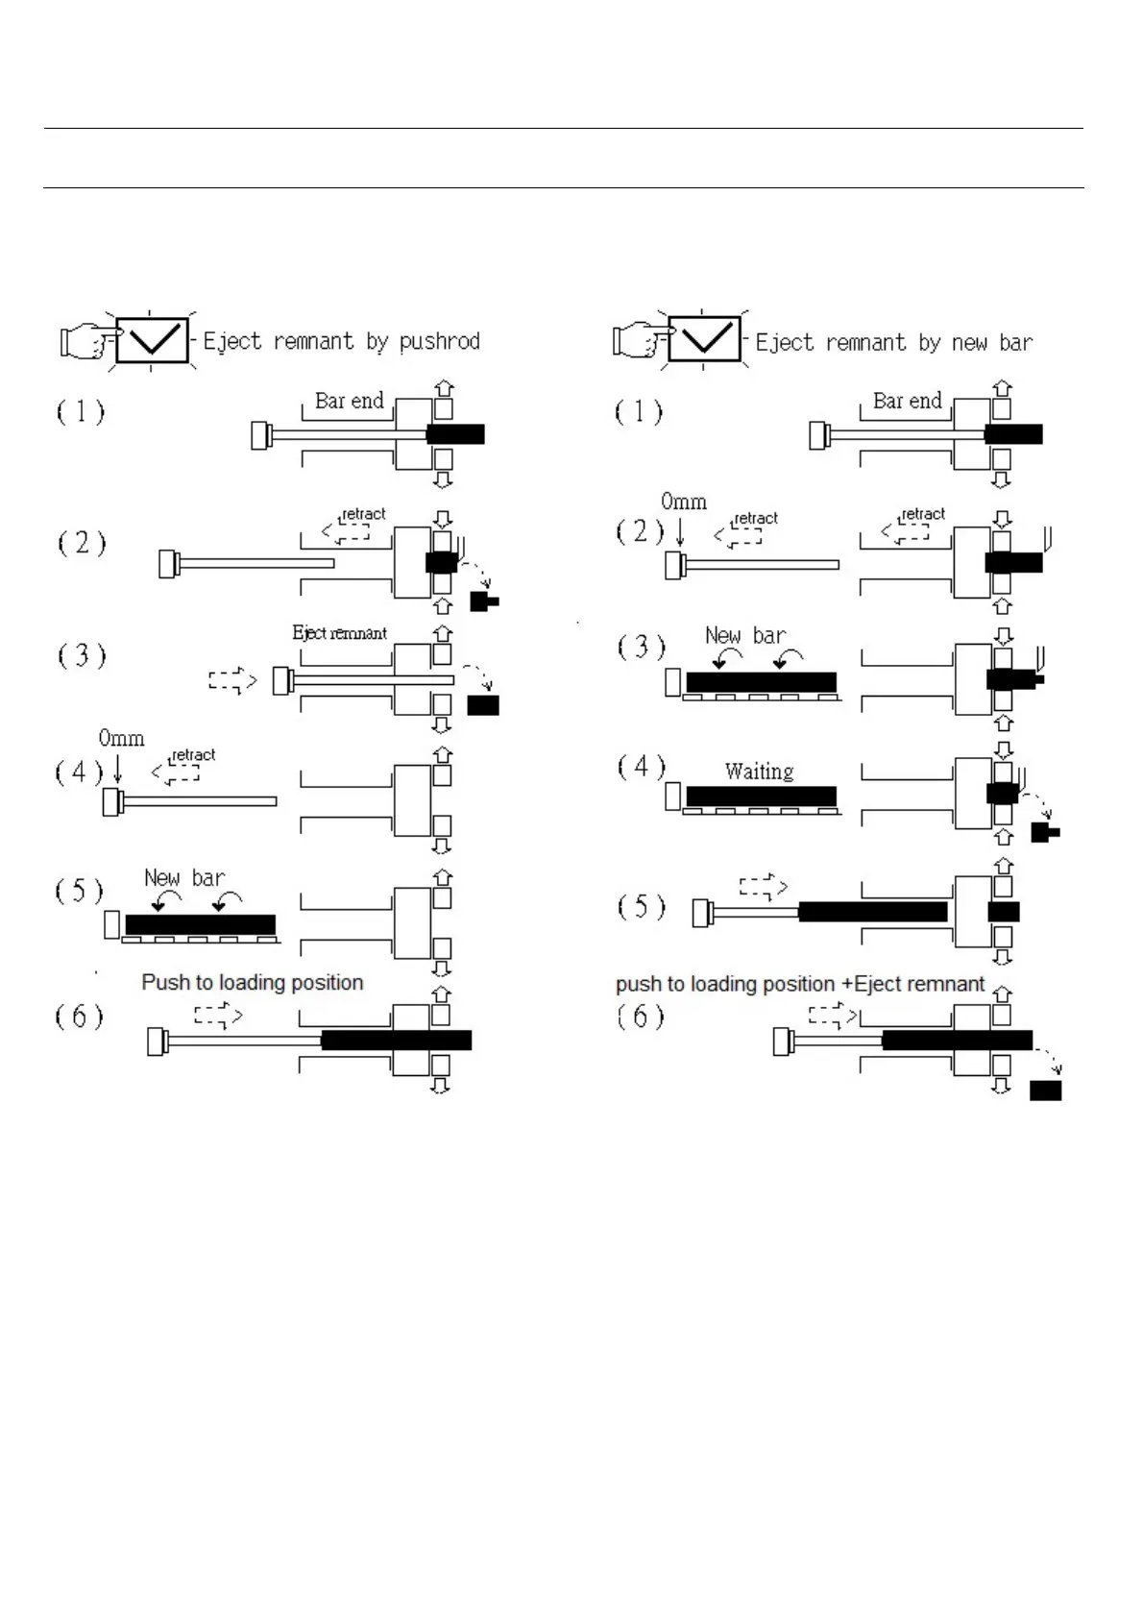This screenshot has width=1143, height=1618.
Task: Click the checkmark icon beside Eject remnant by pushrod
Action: click(x=152, y=339)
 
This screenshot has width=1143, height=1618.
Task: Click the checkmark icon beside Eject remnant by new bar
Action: click(x=704, y=339)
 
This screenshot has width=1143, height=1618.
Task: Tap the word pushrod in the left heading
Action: click(x=439, y=341)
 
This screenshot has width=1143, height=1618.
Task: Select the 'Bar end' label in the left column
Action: click(x=349, y=401)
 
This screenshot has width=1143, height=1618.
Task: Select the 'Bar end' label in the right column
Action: click(x=907, y=401)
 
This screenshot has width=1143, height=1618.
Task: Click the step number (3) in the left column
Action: click(x=81, y=656)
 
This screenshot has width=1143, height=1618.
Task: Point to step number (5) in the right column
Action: click(x=641, y=907)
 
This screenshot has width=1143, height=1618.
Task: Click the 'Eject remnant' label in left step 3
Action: click(x=339, y=633)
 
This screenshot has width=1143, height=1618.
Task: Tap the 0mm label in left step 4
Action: click(x=121, y=739)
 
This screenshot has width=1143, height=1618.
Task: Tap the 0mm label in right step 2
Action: click(x=683, y=502)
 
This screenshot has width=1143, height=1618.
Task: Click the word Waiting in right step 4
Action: click(x=759, y=772)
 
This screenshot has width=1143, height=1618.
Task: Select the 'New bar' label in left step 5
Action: click(x=184, y=877)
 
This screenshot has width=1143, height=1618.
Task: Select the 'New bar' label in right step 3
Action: click(x=745, y=635)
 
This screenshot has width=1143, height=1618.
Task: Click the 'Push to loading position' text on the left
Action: click(x=253, y=983)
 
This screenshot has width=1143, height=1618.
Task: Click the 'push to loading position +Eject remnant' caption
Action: click(x=800, y=984)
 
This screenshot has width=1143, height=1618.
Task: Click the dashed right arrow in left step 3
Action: click(x=232, y=681)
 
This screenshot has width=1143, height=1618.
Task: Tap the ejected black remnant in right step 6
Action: click(x=1045, y=1091)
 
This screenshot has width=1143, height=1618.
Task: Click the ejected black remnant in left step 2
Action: click(x=483, y=602)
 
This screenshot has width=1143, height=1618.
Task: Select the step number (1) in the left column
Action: click(x=81, y=412)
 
